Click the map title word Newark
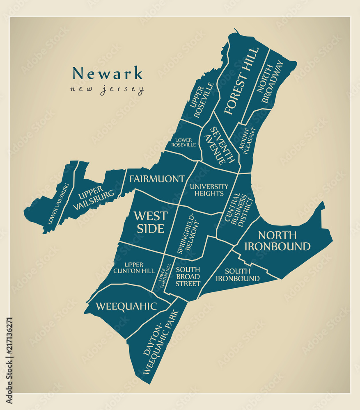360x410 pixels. pyautogui.click(x=108, y=73)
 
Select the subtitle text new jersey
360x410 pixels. pyautogui.click(x=107, y=89)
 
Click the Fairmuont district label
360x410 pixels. pyautogui.click(x=157, y=179)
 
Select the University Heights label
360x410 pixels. pyautogui.click(x=209, y=190)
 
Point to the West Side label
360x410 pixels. pyautogui.click(x=151, y=222)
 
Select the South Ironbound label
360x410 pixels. pyautogui.click(x=238, y=275)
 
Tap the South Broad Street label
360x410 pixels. pyautogui.click(x=188, y=277)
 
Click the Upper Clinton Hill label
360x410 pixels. pyautogui.click(x=134, y=268)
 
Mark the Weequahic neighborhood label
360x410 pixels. pyautogui.click(x=126, y=306)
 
